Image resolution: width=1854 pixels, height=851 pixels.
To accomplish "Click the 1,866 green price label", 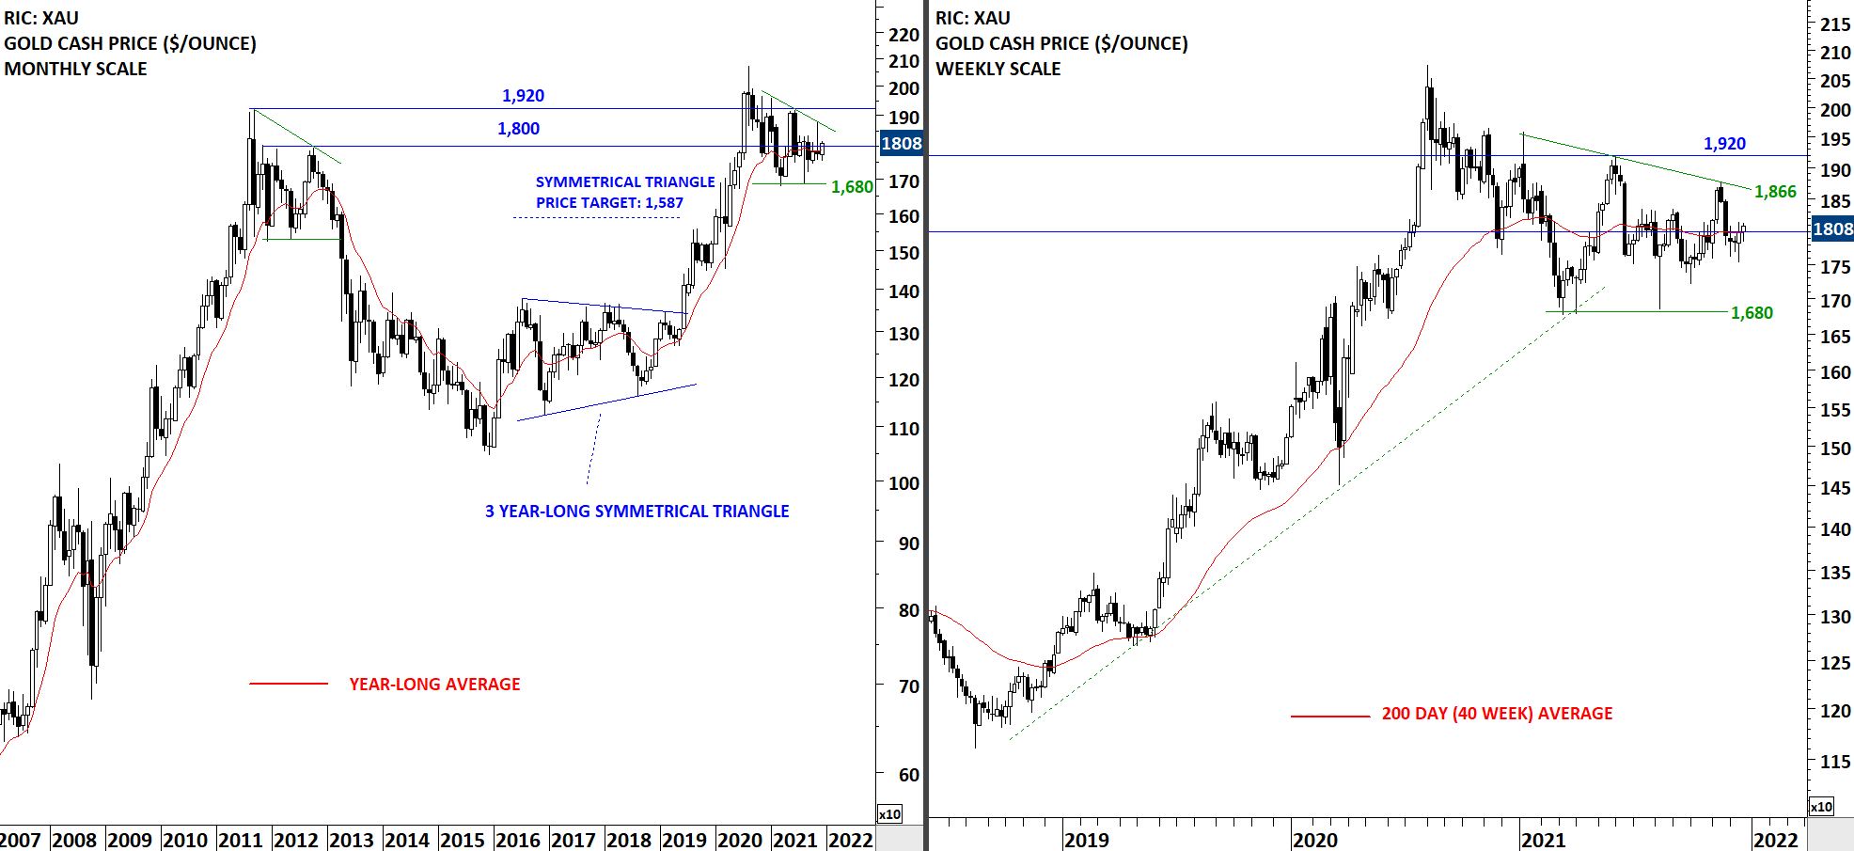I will [x=1775, y=192].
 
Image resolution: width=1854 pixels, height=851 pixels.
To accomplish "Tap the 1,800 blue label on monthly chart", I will [x=518, y=129].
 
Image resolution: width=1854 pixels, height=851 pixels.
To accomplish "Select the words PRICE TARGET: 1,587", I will [x=609, y=203].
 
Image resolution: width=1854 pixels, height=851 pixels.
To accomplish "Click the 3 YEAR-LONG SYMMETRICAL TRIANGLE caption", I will [x=636, y=512].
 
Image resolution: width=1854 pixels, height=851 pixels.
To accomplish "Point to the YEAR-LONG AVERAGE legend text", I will [x=434, y=685].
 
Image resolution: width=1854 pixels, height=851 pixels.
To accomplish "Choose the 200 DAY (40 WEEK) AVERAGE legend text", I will [x=1497, y=714].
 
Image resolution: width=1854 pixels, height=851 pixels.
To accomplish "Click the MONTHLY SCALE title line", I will [x=75, y=69].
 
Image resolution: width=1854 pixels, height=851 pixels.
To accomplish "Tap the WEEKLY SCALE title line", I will [x=998, y=69].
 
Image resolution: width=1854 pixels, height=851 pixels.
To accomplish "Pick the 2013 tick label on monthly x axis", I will [x=351, y=840].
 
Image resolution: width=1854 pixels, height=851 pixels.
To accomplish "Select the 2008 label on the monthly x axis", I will [x=73, y=840].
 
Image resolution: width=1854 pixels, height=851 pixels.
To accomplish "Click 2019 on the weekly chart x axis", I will [x=1086, y=840].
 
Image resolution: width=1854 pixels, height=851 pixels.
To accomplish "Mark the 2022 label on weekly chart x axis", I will [x=1775, y=840].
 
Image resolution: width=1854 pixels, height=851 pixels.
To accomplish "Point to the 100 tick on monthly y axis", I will [x=903, y=483].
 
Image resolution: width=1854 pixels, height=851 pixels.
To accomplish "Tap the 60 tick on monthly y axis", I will [x=908, y=775].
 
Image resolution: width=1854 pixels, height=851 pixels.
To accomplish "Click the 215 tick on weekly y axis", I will [x=1834, y=25].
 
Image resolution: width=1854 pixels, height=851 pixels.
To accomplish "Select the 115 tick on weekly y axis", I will [x=1834, y=762].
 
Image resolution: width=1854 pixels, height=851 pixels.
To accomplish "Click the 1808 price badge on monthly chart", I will [x=901, y=144].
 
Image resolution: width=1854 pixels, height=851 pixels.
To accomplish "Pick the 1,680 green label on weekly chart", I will [x=1752, y=313].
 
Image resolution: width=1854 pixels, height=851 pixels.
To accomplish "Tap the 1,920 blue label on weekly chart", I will [x=1724, y=144].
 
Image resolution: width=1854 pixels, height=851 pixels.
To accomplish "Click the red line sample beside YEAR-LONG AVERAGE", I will [x=289, y=685].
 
